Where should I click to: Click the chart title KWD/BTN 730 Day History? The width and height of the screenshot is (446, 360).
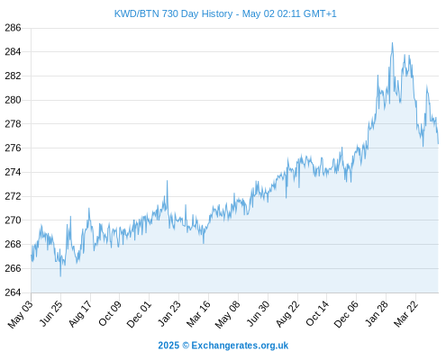tap(173, 13)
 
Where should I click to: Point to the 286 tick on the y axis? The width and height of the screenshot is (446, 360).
tap(13, 28)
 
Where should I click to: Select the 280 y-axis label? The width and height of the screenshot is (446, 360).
tap(13, 100)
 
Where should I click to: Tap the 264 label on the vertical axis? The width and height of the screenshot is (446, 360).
tap(13, 292)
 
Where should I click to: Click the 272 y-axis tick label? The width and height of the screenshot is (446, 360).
tap(13, 196)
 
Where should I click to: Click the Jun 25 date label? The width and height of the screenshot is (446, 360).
tap(50, 313)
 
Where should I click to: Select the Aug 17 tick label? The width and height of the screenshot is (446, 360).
tap(80, 314)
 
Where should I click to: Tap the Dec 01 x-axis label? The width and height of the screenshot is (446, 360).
tap(139, 314)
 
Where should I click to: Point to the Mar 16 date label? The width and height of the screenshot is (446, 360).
tap(198, 314)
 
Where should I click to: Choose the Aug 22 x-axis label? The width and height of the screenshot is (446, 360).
tap(287, 314)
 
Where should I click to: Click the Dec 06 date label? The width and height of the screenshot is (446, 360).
tap(346, 314)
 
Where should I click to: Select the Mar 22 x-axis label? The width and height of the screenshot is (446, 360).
tap(405, 314)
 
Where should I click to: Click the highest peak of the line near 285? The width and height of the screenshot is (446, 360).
tap(392, 43)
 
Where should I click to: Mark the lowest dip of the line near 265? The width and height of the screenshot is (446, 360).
tap(60, 276)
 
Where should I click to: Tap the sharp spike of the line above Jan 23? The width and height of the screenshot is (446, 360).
tap(167, 181)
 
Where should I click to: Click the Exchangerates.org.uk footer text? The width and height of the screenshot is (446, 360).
tap(240, 346)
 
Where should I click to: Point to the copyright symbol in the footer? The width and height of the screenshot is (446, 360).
tap(186, 346)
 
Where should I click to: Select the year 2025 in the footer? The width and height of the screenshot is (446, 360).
tap(168, 346)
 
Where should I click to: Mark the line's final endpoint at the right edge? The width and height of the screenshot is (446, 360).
tap(438, 143)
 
